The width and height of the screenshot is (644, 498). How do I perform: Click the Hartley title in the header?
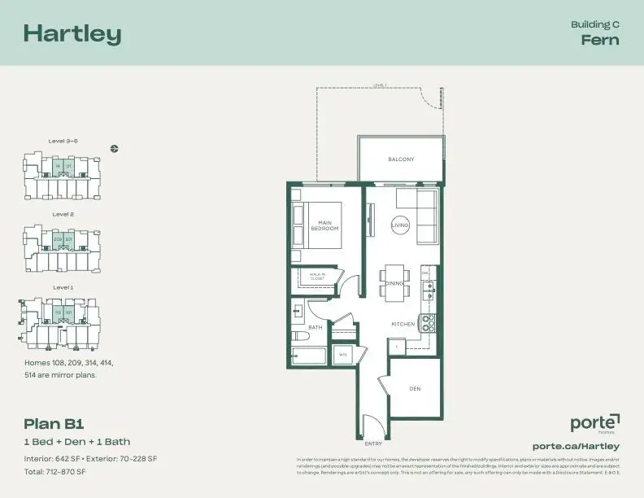click(72, 33)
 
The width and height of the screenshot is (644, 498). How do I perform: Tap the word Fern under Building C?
click(600, 40)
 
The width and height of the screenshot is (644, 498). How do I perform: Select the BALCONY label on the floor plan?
click(401, 159)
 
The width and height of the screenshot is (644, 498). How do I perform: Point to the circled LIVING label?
click(400, 225)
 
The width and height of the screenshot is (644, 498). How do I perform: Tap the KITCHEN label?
click(403, 324)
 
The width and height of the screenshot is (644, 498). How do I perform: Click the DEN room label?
click(415, 388)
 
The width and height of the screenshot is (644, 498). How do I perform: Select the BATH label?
click(315, 327)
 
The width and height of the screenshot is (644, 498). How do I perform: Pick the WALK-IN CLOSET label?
click(317, 277)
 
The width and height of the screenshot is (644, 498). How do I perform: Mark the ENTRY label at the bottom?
click(374, 443)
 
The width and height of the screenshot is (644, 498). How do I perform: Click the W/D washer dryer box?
click(343, 355)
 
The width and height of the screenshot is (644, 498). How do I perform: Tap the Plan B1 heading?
click(54, 423)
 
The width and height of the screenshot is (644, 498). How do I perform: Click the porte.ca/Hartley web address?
click(576, 446)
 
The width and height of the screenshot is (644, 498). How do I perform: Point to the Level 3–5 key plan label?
click(63, 141)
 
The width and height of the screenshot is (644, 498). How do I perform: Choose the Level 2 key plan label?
click(63, 214)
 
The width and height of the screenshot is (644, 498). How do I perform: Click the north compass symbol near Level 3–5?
click(115, 148)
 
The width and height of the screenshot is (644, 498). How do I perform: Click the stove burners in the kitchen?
click(429, 322)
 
